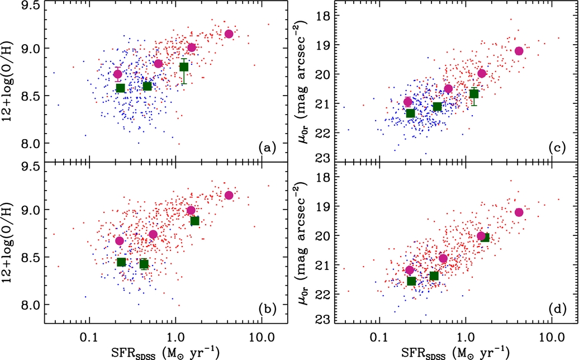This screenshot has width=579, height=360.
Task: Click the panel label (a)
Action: pyautogui.click(x=265, y=148)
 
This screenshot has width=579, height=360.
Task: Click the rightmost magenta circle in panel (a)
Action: pyautogui.click(x=229, y=34)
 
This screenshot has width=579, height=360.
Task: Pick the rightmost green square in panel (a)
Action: pyautogui.click(x=184, y=67)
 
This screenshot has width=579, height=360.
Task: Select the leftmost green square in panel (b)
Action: pyautogui.click(x=121, y=262)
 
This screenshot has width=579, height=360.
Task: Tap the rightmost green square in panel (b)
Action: pyautogui.click(x=194, y=221)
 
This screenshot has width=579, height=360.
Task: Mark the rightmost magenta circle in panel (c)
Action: pyautogui.click(x=519, y=51)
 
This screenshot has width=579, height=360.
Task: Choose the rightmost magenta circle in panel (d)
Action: pyautogui.click(x=519, y=212)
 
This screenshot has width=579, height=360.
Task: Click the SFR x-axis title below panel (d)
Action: pyautogui.click(x=454, y=352)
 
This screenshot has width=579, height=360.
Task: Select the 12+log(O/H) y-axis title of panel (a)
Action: pyautogui.click(x=10, y=82)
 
